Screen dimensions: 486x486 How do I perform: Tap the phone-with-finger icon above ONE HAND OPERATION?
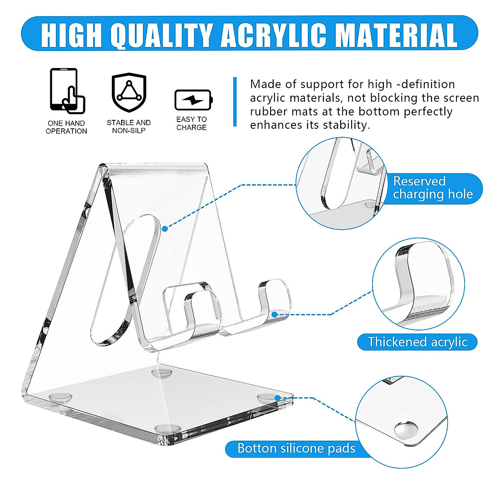[x=67, y=91]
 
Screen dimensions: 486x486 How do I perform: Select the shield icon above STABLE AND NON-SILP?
[x=129, y=92]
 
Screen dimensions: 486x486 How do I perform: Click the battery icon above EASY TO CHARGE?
[x=193, y=100]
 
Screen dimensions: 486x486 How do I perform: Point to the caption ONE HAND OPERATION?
[x=66, y=127]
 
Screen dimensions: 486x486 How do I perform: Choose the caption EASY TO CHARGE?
[x=192, y=124]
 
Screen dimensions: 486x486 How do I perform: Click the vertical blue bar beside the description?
[x=235, y=102]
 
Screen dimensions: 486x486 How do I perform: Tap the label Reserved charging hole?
[x=433, y=188]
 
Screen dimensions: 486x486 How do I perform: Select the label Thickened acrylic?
[x=417, y=342]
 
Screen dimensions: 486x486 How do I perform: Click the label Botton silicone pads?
[x=296, y=449]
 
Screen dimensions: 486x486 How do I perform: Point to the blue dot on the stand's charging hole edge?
[x=165, y=229]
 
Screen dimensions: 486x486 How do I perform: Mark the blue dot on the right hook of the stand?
[x=274, y=314]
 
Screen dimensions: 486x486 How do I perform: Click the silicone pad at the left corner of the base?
[x=60, y=397]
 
